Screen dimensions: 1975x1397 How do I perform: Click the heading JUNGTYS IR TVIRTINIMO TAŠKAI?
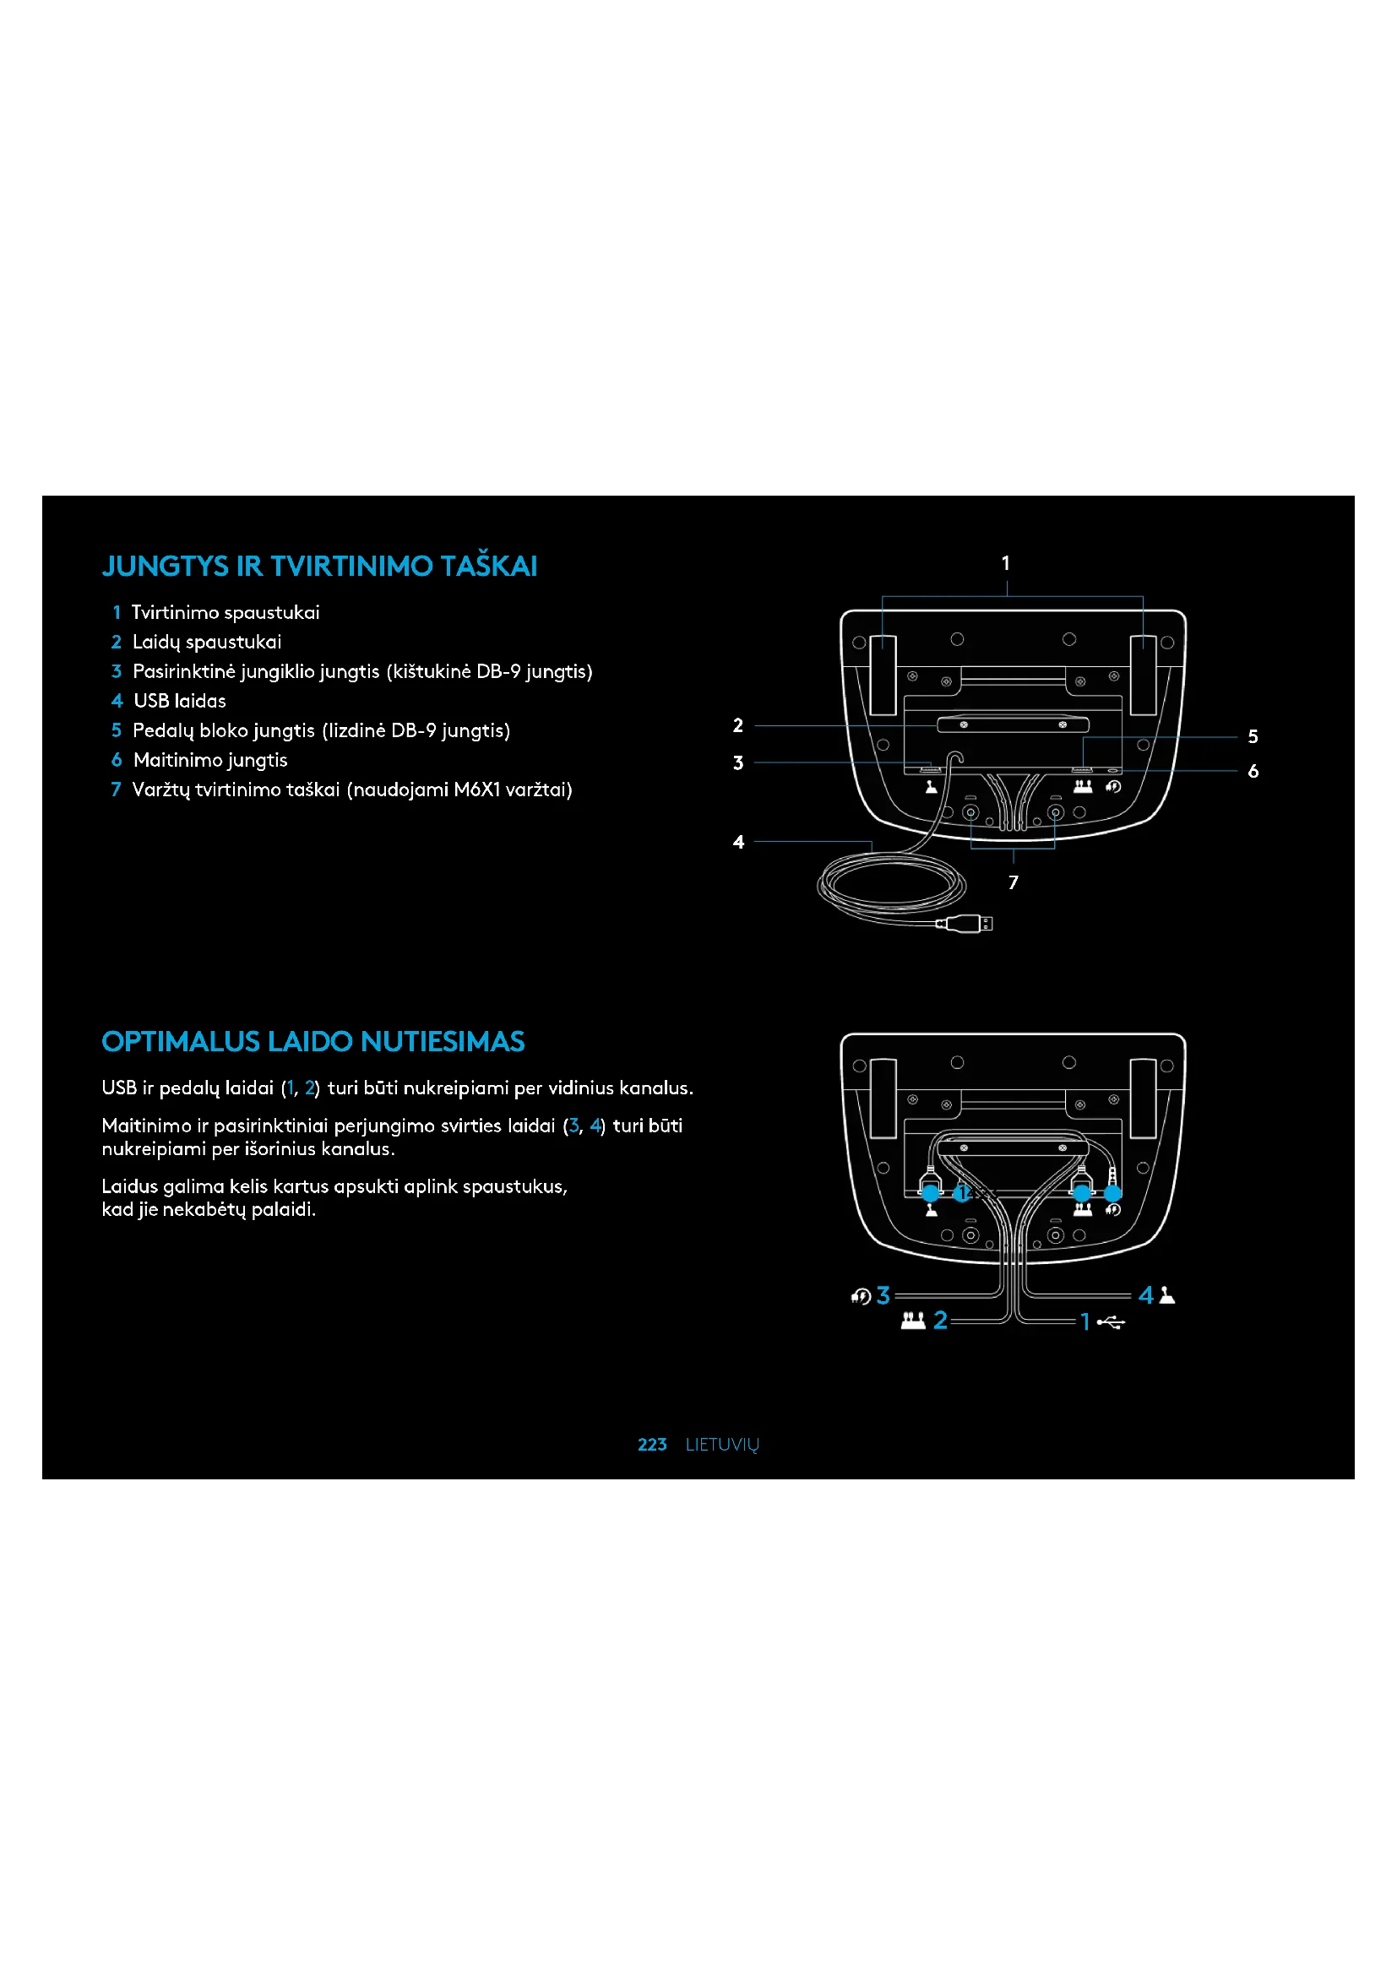[x=319, y=566]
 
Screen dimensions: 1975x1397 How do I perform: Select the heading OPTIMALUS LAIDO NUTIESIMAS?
[x=313, y=1042]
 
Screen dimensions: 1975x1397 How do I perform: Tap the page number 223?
[x=652, y=1444]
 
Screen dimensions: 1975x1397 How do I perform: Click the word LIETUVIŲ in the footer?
[x=721, y=1444]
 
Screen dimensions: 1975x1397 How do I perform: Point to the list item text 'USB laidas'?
[x=180, y=701]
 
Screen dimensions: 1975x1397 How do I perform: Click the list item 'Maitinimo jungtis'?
[x=211, y=761]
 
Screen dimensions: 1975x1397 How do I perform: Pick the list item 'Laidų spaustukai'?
[x=206, y=643]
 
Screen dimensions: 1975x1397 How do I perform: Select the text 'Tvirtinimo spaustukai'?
[x=226, y=612]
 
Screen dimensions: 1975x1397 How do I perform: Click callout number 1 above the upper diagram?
[x=1006, y=563]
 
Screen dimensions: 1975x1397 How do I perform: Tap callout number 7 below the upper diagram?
[x=1014, y=882]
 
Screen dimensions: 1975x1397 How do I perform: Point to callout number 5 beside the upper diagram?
[x=1253, y=736]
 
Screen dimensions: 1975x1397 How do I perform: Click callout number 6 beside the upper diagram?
[x=1253, y=771]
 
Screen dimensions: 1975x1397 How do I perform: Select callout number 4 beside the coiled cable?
[x=738, y=842]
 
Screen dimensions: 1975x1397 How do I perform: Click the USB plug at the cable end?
[x=967, y=924]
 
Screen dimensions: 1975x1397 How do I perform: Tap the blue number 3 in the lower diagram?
[x=883, y=1295]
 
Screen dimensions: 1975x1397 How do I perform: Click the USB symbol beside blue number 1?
[x=1112, y=1322]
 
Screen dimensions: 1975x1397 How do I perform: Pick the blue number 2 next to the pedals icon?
[x=940, y=1321]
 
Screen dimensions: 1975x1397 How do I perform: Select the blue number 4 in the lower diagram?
[x=1146, y=1295]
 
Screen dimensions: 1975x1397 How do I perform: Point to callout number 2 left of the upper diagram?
[x=738, y=725]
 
